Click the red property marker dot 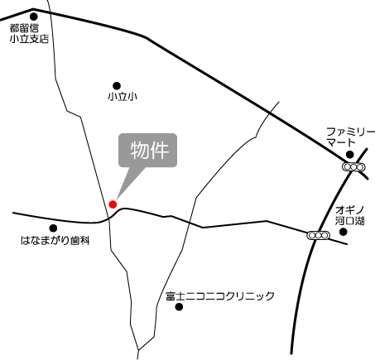click(x=113, y=204)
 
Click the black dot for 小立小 click(x=117, y=84)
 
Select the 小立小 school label click(x=122, y=98)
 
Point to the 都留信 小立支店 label click(x=31, y=33)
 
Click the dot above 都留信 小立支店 click(x=33, y=15)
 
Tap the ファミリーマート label click(x=350, y=137)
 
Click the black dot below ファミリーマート click(x=350, y=154)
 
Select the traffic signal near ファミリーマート click(x=354, y=167)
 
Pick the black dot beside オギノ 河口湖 click(x=344, y=231)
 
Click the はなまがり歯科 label click(x=55, y=241)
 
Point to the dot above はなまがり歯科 click(x=54, y=228)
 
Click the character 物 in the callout click(x=138, y=151)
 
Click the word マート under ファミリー click(x=340, y=143)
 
